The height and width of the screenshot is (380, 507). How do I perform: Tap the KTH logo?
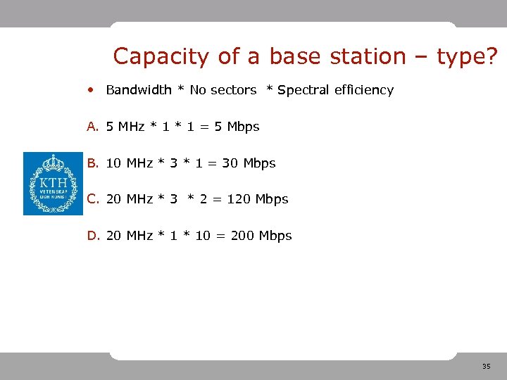click(x=53, y=184)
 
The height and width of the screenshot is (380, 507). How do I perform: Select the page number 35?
click(x=487, y=367)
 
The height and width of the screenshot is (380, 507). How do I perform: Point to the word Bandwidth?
click(x=139, y=90)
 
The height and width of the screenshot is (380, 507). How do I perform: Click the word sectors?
click(x=234, y=90)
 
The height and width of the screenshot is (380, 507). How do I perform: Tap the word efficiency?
click(x=364, y=90)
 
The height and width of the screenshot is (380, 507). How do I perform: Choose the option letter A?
click(x=92, y=127)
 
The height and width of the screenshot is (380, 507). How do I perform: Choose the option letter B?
click(x=92, y=163)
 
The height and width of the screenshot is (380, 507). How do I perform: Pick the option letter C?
click(x=92, y=199)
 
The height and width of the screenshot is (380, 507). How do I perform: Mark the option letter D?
click(x=92, y=236)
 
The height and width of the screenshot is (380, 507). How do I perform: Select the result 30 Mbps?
click(x=249, y=163)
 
